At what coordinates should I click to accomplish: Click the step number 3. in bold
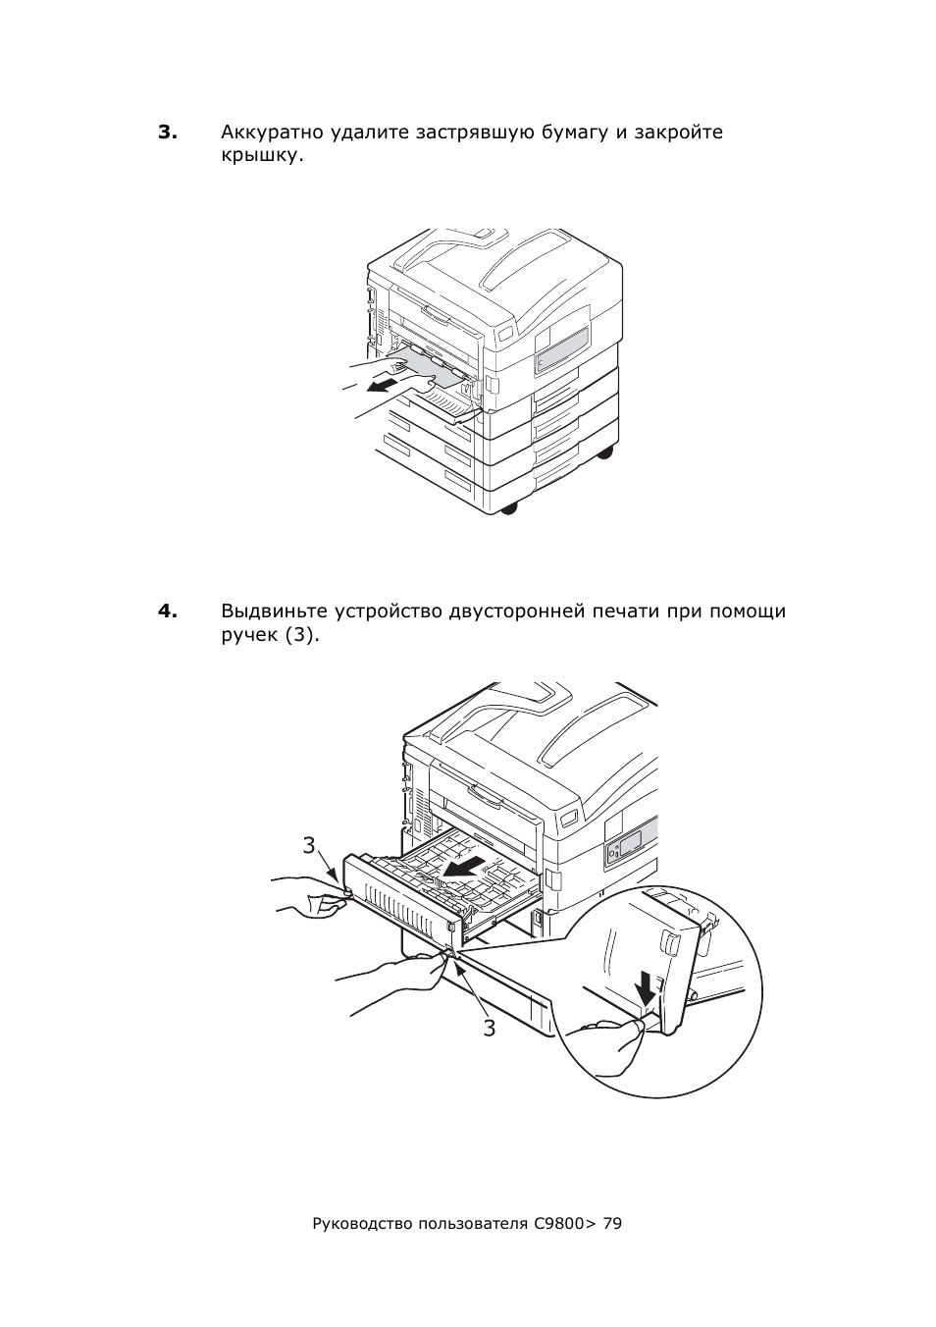pyautogui.click(x=168, y=133)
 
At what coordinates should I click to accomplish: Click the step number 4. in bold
pyautogui.click(x=168, y=610)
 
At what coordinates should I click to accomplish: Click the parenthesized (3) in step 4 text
pyautogui.click(x=299, y=635)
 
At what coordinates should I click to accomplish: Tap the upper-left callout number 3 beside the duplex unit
pyautogui.click(x=309, y=845)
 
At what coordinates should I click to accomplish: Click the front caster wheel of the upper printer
pyautogui.click(x=509, y=507)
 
